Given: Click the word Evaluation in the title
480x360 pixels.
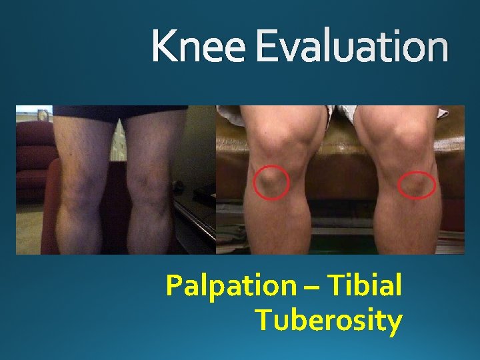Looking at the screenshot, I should point(351,47).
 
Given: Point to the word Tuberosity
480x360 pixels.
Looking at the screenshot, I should point(329,320).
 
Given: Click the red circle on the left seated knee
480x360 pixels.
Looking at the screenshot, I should point(272,182).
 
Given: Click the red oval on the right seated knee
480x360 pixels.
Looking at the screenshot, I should point(417,185).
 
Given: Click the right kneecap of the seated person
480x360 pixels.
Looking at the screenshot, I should point(403,143).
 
